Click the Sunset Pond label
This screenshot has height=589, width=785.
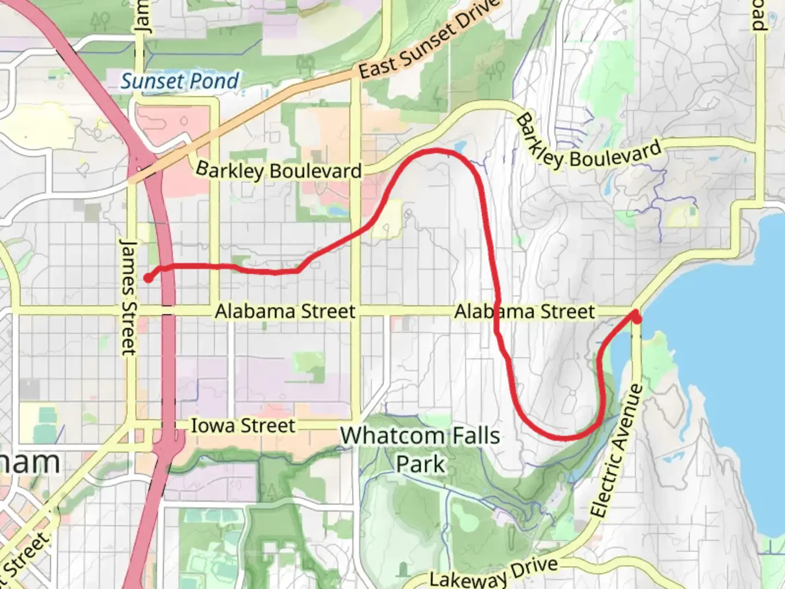[179, 81]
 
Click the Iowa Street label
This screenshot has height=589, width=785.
[243, 425]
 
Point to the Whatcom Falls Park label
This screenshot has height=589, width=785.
[420, 449]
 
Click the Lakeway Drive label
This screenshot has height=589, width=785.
[494, 573]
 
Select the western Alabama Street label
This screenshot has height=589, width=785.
[285, 311]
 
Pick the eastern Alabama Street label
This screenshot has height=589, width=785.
[524, 311]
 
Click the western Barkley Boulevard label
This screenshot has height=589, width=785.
[279, 170]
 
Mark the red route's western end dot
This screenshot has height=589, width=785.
[148, 278]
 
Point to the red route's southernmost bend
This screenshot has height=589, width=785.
[567, 437]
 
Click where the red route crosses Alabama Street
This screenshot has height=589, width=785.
[497, 311]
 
